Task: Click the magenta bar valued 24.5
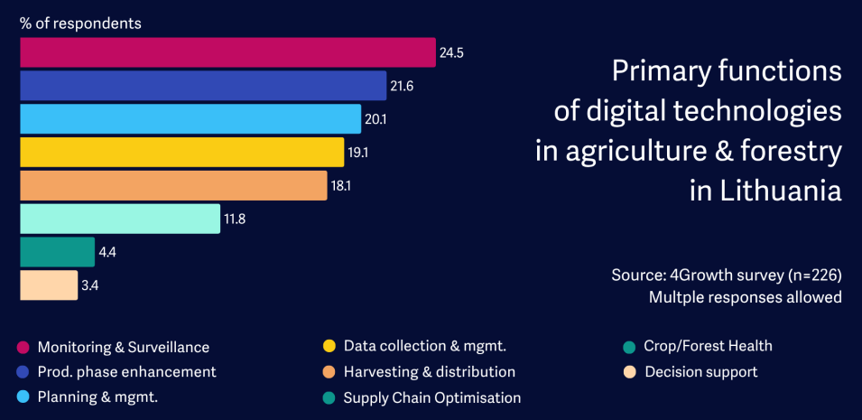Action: click(x=227, y=52)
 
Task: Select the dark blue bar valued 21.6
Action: click(x=203, y=86)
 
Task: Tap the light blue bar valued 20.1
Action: click(x=190, y=118)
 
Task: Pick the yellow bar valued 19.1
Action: click(x=181, y=152)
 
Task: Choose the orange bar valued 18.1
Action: click(x=173, y=185)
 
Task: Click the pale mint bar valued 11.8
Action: click(x=120, y=219)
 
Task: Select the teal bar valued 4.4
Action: click(x=57, y=252)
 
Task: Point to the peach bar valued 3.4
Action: click(x=49, y=285)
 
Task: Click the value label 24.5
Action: click(x=451, y=53)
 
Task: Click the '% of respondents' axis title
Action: click(x=80, y=22)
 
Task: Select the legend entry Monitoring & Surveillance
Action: click(x=124, y=347)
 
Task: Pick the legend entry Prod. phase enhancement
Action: click(x=126, y=371)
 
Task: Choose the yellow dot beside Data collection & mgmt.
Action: click(x=329, y=346)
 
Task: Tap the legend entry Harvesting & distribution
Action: click(x=429, y=371)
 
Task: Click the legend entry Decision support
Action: click(x=700, y=371)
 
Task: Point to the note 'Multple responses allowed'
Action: click(x=746, y=296)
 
